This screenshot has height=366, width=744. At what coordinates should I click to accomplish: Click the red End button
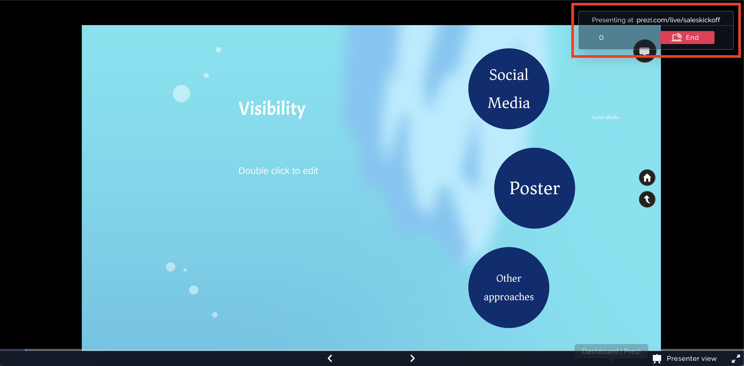(687, 38)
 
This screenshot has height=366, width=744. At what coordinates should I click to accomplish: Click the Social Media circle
(509, 89)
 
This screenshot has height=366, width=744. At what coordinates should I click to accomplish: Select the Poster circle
(535, 188)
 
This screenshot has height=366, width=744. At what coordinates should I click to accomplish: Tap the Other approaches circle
(509, 287)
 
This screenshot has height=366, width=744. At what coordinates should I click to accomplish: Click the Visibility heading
(272, 109)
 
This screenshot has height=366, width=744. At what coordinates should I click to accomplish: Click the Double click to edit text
(278, 171)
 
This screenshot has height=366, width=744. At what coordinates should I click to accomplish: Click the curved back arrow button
(647, 199)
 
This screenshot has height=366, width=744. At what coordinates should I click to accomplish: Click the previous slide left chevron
(330, 358)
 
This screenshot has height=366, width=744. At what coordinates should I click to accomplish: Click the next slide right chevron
(412, 358)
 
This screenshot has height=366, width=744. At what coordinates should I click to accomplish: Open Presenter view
(691, 358)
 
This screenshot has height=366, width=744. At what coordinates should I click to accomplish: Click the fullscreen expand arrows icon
(736, 358)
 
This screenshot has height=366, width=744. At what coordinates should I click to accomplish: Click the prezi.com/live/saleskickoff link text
(678, 20)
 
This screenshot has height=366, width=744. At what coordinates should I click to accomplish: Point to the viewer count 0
(601, 38)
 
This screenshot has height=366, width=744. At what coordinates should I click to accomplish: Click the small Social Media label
(605, 117)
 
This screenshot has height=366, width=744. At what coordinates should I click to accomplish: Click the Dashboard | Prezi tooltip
(611, 351)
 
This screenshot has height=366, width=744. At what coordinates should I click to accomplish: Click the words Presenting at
(612, 20)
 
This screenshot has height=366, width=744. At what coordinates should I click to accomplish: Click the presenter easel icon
(657, 358)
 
